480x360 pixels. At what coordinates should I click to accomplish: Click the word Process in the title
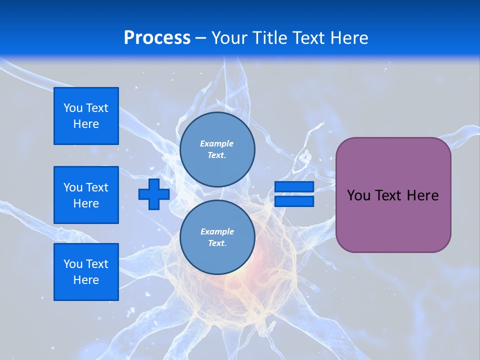point(157,38)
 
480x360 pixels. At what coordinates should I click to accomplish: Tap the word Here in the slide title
point(349,38)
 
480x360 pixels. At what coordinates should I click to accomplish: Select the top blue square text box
point(86,116)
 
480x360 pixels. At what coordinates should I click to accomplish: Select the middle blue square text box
point(86,195)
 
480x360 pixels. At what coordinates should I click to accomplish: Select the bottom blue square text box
point(86,272)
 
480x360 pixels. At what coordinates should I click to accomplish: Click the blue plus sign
point(154,194)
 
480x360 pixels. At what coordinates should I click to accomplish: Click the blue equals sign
point(294,194)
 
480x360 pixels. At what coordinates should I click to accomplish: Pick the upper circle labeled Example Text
point(217,149)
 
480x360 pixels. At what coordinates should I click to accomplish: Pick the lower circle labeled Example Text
point(217,237)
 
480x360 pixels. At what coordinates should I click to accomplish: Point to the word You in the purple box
point(358,195)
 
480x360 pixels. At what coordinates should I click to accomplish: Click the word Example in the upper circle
point(217,143)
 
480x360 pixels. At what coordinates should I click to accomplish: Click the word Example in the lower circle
point(217,231)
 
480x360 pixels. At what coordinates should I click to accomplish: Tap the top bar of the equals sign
point(294,187)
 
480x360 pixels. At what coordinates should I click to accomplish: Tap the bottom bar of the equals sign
point(294,201)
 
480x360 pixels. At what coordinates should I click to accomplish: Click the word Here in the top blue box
point(86,124)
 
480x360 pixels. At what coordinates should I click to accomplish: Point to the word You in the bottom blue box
point(73,264)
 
